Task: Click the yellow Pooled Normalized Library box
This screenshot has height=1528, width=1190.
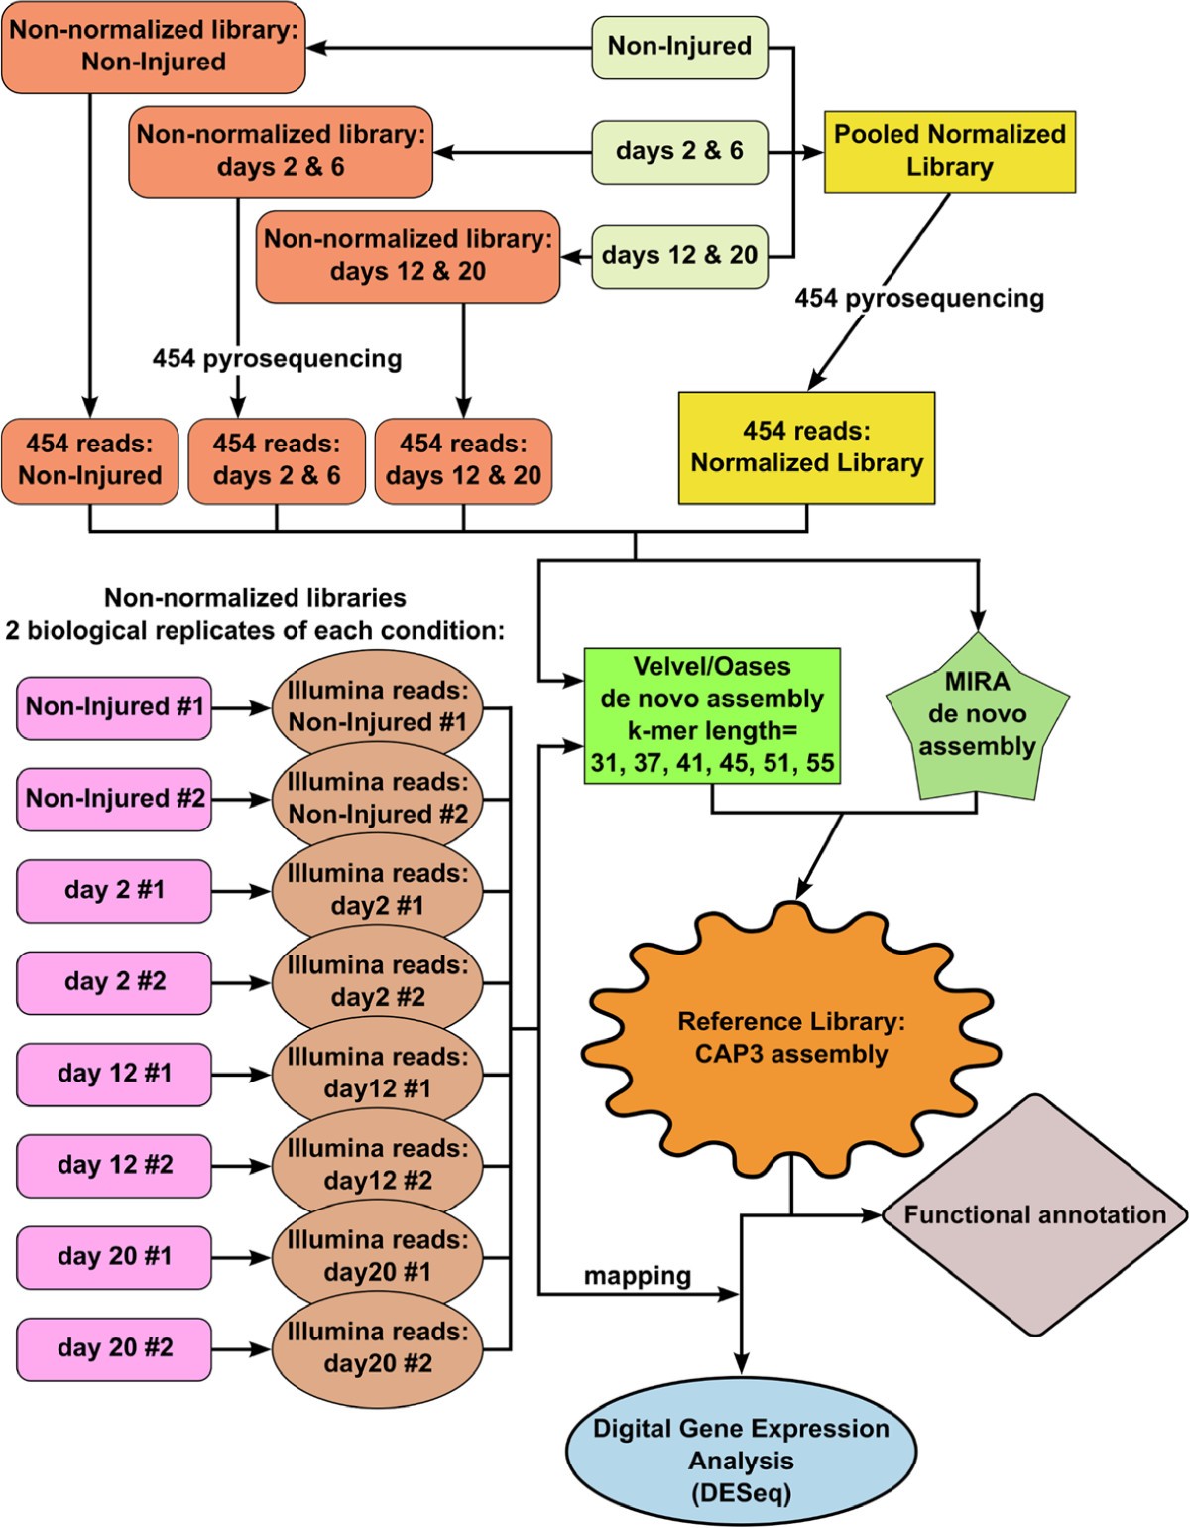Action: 949,151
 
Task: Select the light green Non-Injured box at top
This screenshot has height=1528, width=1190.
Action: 679,47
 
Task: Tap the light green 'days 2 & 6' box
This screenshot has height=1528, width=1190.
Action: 679,151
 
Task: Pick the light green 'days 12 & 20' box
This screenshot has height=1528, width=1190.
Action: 679,256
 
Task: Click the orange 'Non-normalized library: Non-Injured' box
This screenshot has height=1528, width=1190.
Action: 154,47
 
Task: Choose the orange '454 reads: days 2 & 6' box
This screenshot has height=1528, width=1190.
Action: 277,460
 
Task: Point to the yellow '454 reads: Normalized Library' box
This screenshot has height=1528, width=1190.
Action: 806,447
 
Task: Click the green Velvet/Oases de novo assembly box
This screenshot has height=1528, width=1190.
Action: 712,715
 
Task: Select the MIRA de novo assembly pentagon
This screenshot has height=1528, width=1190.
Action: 977,719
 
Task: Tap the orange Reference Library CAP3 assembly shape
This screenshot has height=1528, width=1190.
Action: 790,1038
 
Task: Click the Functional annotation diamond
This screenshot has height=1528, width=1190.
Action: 1034,1215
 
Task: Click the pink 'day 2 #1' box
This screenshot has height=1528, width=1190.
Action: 114,891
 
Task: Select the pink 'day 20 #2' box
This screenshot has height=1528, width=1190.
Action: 114,1348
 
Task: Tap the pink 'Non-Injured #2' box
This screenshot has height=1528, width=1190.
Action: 114,799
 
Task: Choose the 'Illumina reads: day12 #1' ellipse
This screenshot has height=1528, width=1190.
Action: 377,1074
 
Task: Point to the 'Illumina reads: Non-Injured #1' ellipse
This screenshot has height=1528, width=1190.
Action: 377,706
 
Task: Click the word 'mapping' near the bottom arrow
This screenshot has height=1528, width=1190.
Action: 637,1276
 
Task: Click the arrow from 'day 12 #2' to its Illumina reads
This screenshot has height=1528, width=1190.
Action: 241,1166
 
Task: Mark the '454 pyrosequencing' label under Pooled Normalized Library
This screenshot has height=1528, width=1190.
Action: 919,299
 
